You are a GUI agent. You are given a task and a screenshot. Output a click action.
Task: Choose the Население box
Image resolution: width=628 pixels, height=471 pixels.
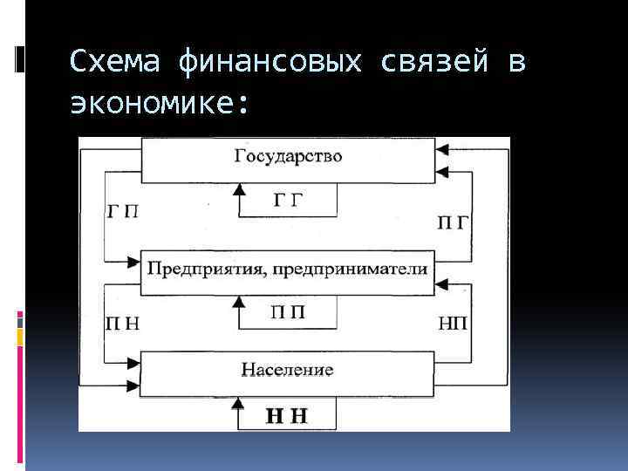pos(288,370)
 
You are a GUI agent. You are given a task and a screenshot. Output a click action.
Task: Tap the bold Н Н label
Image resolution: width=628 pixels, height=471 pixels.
pos(287,416)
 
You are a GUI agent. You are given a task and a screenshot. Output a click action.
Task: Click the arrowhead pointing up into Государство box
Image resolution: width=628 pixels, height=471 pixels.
pos(239,188)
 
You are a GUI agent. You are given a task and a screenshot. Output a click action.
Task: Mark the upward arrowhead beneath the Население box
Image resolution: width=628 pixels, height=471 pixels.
pos(239,400)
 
